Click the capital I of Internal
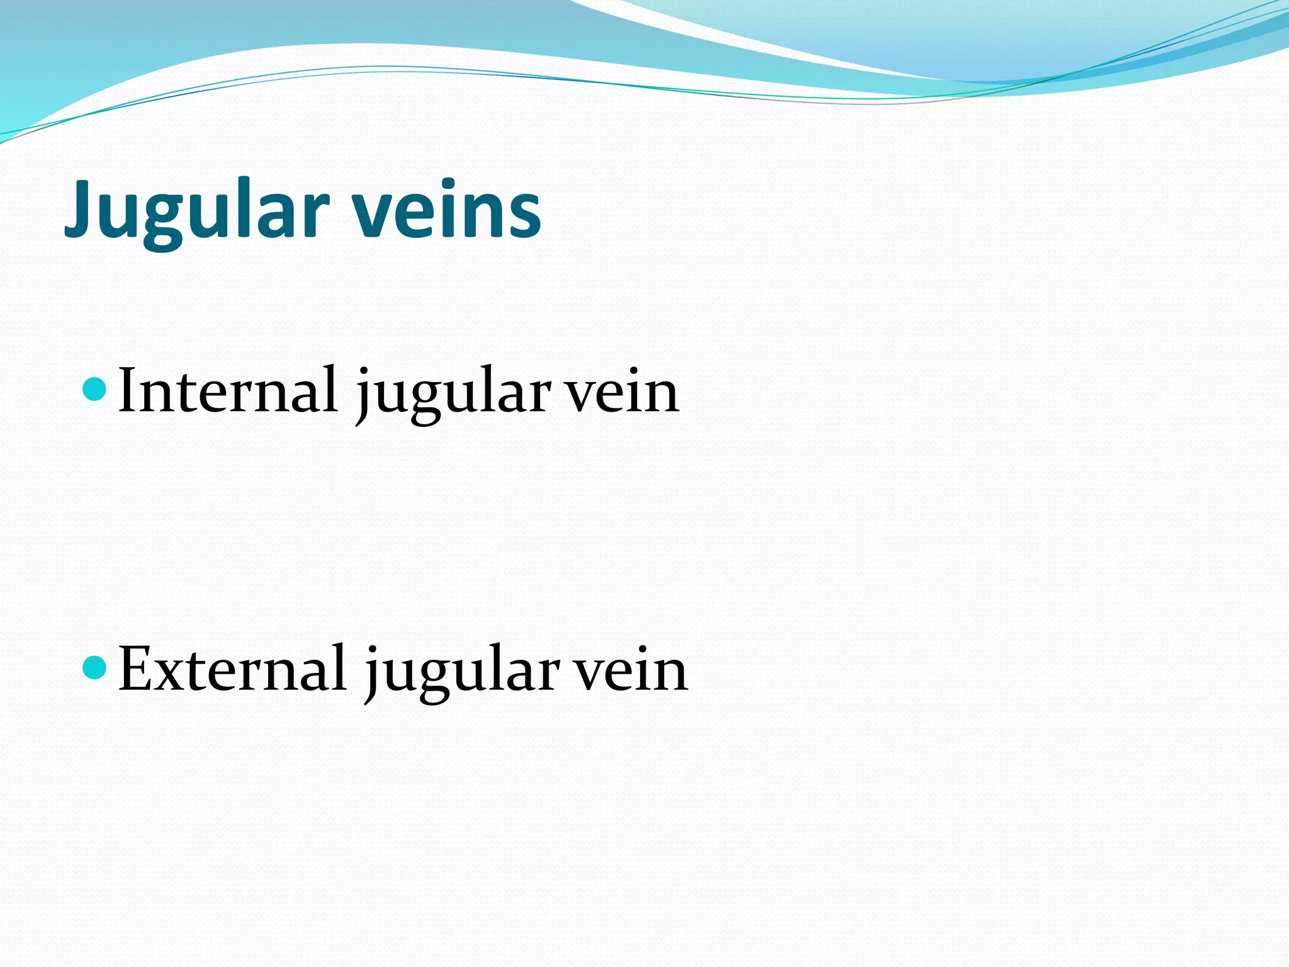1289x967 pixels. [x=130, y=390]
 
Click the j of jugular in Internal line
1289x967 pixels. [x=364, y=397]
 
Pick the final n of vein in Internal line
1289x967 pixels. [x=660, y=397]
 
